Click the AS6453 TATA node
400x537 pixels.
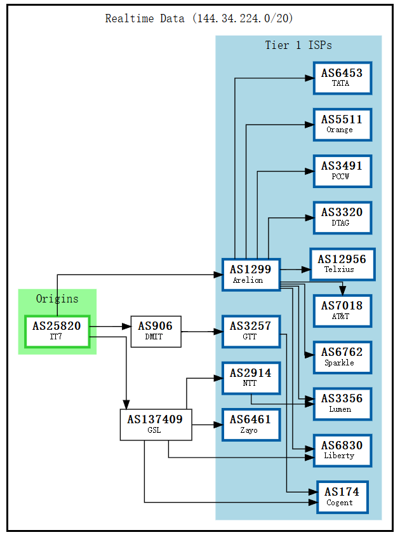[x=342, y=78]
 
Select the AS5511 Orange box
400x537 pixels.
[x=342, y=124]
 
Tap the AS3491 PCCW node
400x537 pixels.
[x=342, y=170]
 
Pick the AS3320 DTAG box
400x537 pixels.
[x=342, y=217]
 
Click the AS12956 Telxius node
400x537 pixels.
[x=342, y=264]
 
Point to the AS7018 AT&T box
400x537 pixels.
[x=342, y=310]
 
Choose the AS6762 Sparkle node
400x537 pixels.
[x=342, y=357]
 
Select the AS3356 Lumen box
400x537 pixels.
[x=342, y=404]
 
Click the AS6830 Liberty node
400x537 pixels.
[x=342, y=450]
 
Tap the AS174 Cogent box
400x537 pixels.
[x=342, y=497]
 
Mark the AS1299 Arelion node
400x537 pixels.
[x=251, y=275]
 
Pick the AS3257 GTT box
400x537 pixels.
[x=251, y=330]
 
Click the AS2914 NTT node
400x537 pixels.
[x=251, y=377]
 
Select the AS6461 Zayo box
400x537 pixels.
[x=251, y=424]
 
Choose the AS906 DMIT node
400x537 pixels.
[x=156, y=331]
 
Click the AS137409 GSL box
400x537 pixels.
[x=156, y=425]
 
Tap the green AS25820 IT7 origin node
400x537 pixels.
[x=57, y=331]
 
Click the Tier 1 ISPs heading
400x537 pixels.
[x=298, y=45]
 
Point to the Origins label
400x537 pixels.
[x=57, y=299]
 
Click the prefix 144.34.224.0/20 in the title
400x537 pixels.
[x=244, y=18]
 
